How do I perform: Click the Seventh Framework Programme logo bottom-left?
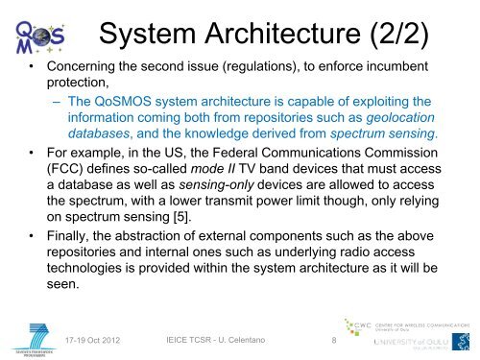pyautogui.click(x=32, y=335)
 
